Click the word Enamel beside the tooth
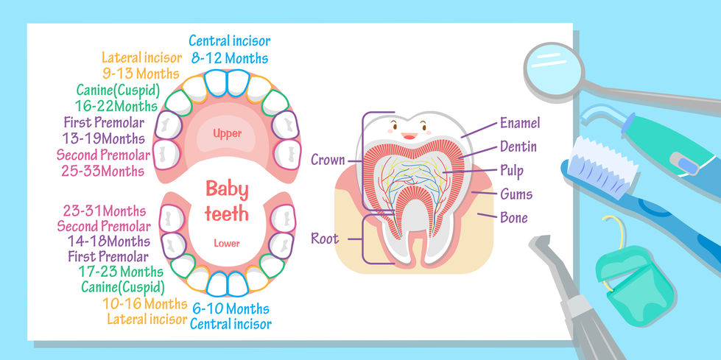click(520, 123)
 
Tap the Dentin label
click(518, 147)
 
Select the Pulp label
click(511, 171)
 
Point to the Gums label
click(516, 194)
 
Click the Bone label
click(514, 218)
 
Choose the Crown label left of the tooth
click(328, 159)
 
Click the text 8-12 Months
click(228, 57)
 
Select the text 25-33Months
click(103, 171)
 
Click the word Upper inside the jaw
click(228, 133)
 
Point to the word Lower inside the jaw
click(227, 243)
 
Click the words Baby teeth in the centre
click(227, 202)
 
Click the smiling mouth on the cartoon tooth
click(409, 135)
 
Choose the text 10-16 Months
click(145, 304)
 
